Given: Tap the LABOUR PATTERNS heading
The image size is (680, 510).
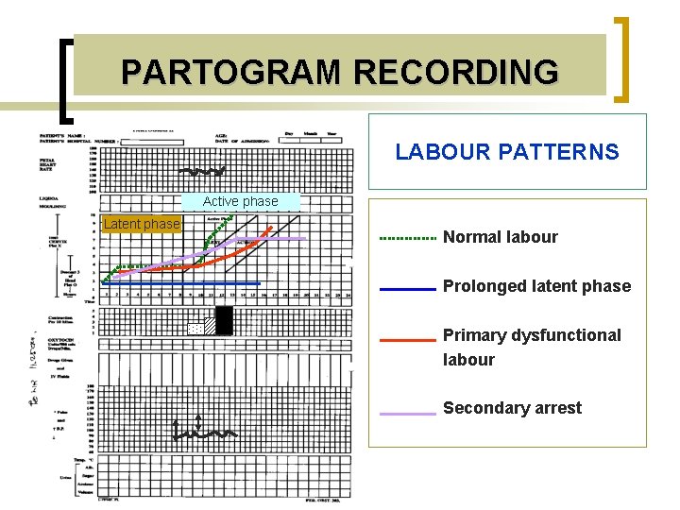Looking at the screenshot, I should pyautogui.click(x=507, y=152).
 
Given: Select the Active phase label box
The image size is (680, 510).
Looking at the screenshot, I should pyautogui.click(x=240, y=201).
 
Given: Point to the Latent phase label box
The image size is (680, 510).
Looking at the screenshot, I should pyautogui.click(x=141, y=224).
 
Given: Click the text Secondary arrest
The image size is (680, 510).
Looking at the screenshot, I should pyautogui.click(x=512, y=408).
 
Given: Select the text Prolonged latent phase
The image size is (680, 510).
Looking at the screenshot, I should pyautogui.click(x=536, y=286).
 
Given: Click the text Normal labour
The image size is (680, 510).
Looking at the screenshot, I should pyautogui.click(x=500, y=237).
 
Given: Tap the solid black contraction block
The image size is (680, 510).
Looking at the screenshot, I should pyautogui.click(x=224, y=321).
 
